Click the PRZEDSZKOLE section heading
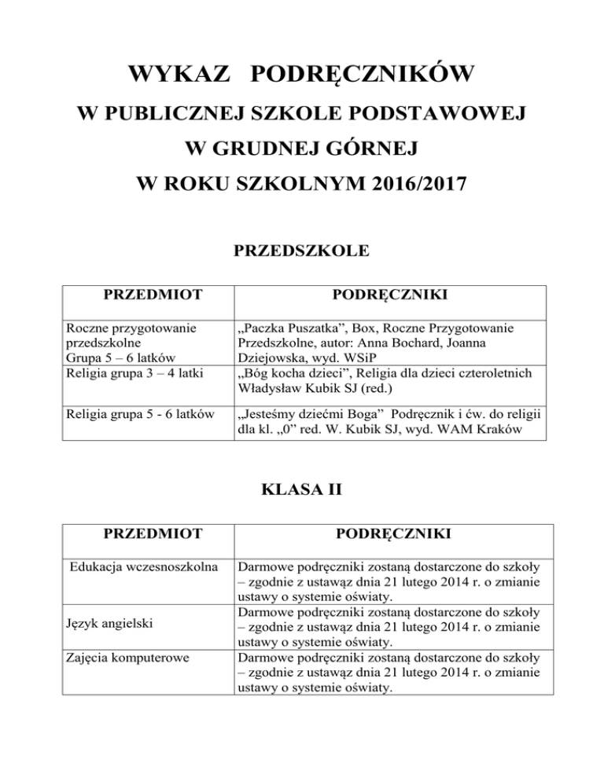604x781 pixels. click(302, 252)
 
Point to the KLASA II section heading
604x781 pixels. click(302, 493)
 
